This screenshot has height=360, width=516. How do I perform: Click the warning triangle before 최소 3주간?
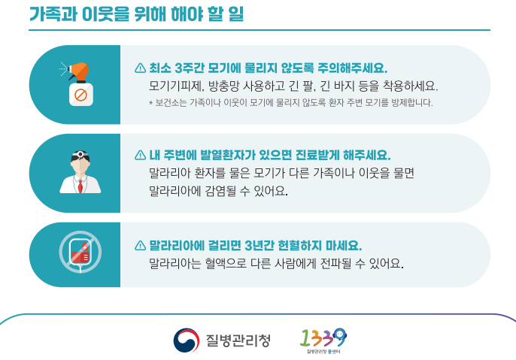pos(140,68)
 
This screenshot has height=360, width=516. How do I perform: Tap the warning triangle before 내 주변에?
pos(140,156)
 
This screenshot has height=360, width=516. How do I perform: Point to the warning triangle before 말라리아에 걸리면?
pos(140,246)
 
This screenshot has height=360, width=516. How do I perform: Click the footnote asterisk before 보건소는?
pos(151,103)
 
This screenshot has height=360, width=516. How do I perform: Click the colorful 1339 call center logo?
pos(324,339)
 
